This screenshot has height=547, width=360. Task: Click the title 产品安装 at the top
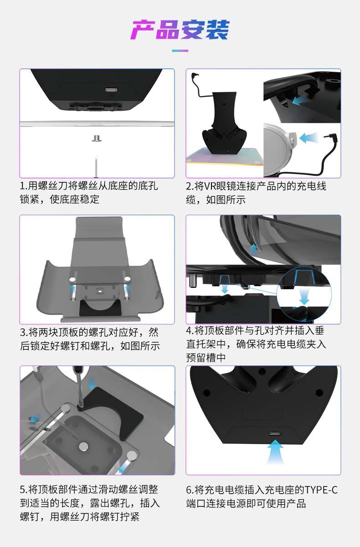click(x=180, y=30)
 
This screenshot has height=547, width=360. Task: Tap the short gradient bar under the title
click(x=180, y=51)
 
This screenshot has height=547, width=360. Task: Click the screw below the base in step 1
click(x=97, y=138)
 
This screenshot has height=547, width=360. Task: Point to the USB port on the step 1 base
click(x=111, y=90)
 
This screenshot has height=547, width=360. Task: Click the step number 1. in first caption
click(x=24, y=186)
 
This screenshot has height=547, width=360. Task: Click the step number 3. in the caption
click(x=24, y=332)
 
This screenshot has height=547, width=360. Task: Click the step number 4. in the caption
click(x=190, y=331)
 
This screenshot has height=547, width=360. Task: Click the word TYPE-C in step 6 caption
click(x=321, y=490)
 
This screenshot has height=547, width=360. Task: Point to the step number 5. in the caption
click(x=24, y=490)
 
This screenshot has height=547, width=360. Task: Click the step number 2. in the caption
click(x=190, y=186)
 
